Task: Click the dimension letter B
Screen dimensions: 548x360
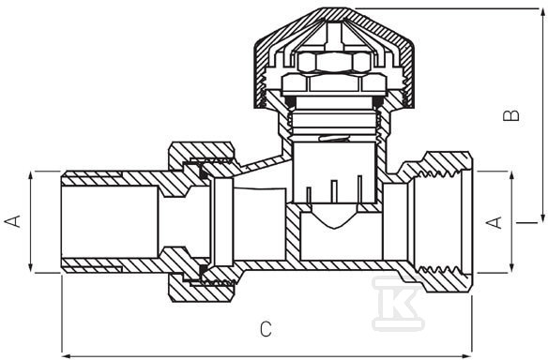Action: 511,116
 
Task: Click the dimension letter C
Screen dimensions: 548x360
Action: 266,329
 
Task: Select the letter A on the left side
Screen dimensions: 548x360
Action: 12,221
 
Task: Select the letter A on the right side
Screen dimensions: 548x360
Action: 495,222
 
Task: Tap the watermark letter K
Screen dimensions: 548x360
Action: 399,303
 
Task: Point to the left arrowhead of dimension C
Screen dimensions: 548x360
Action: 67,356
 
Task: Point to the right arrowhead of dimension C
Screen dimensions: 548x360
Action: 467,356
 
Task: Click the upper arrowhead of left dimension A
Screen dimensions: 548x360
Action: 31,175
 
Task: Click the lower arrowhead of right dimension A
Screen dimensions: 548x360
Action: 511,268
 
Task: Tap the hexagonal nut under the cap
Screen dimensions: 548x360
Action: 334,62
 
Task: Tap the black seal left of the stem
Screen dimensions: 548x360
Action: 290,101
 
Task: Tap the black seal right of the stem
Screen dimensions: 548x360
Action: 378,101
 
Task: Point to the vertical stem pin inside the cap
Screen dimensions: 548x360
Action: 334,35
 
